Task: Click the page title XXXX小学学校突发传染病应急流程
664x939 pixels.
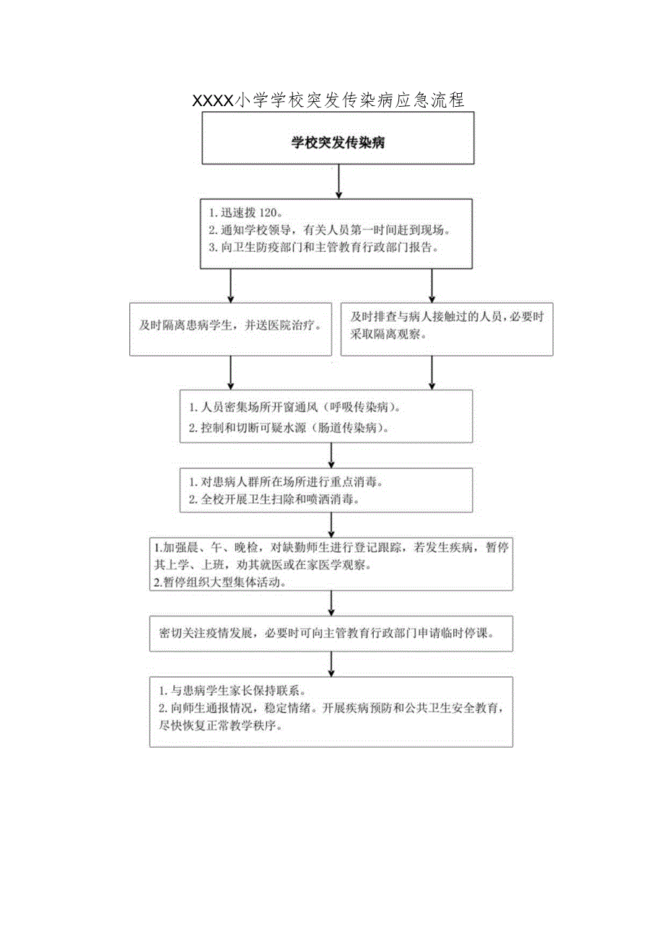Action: pyautogui.click(x=328, y=100)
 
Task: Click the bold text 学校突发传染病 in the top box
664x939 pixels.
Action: pyautogui.click(x=338, y=143)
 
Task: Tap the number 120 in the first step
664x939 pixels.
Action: pyautogui.click(x=267, y=214)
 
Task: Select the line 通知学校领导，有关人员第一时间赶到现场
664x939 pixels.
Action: pyautogui.click(x=331, y=230)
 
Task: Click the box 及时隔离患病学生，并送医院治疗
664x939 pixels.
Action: pyautogui.click(x=230, y=328)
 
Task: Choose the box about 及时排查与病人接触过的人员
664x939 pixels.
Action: pyautogui.click(x=446, y=328)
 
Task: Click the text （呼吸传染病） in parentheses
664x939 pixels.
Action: pyautogui.click(x=359, y=407)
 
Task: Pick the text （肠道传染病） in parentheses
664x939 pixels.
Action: pyautogui.click(x=352, y=428)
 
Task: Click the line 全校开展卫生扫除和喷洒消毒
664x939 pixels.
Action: pyautogui.click(x=275, y=499)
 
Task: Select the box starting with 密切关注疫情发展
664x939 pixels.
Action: pyautogui.click(x=331, y=634)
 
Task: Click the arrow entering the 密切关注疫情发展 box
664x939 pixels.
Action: pyautogui.click(x=331, y=603)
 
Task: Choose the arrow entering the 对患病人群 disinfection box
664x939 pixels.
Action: pyautogui.click(x=331, y=455)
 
